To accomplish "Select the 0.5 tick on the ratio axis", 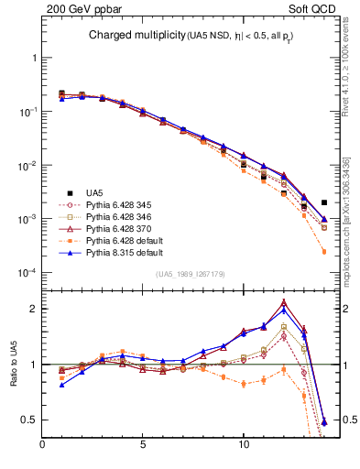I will click(x=30, y=420).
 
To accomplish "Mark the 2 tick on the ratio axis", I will click(x=33, y=309).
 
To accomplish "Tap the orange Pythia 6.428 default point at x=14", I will click(x=324, y=252).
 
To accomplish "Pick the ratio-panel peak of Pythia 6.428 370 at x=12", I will click(x=284, y=302).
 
